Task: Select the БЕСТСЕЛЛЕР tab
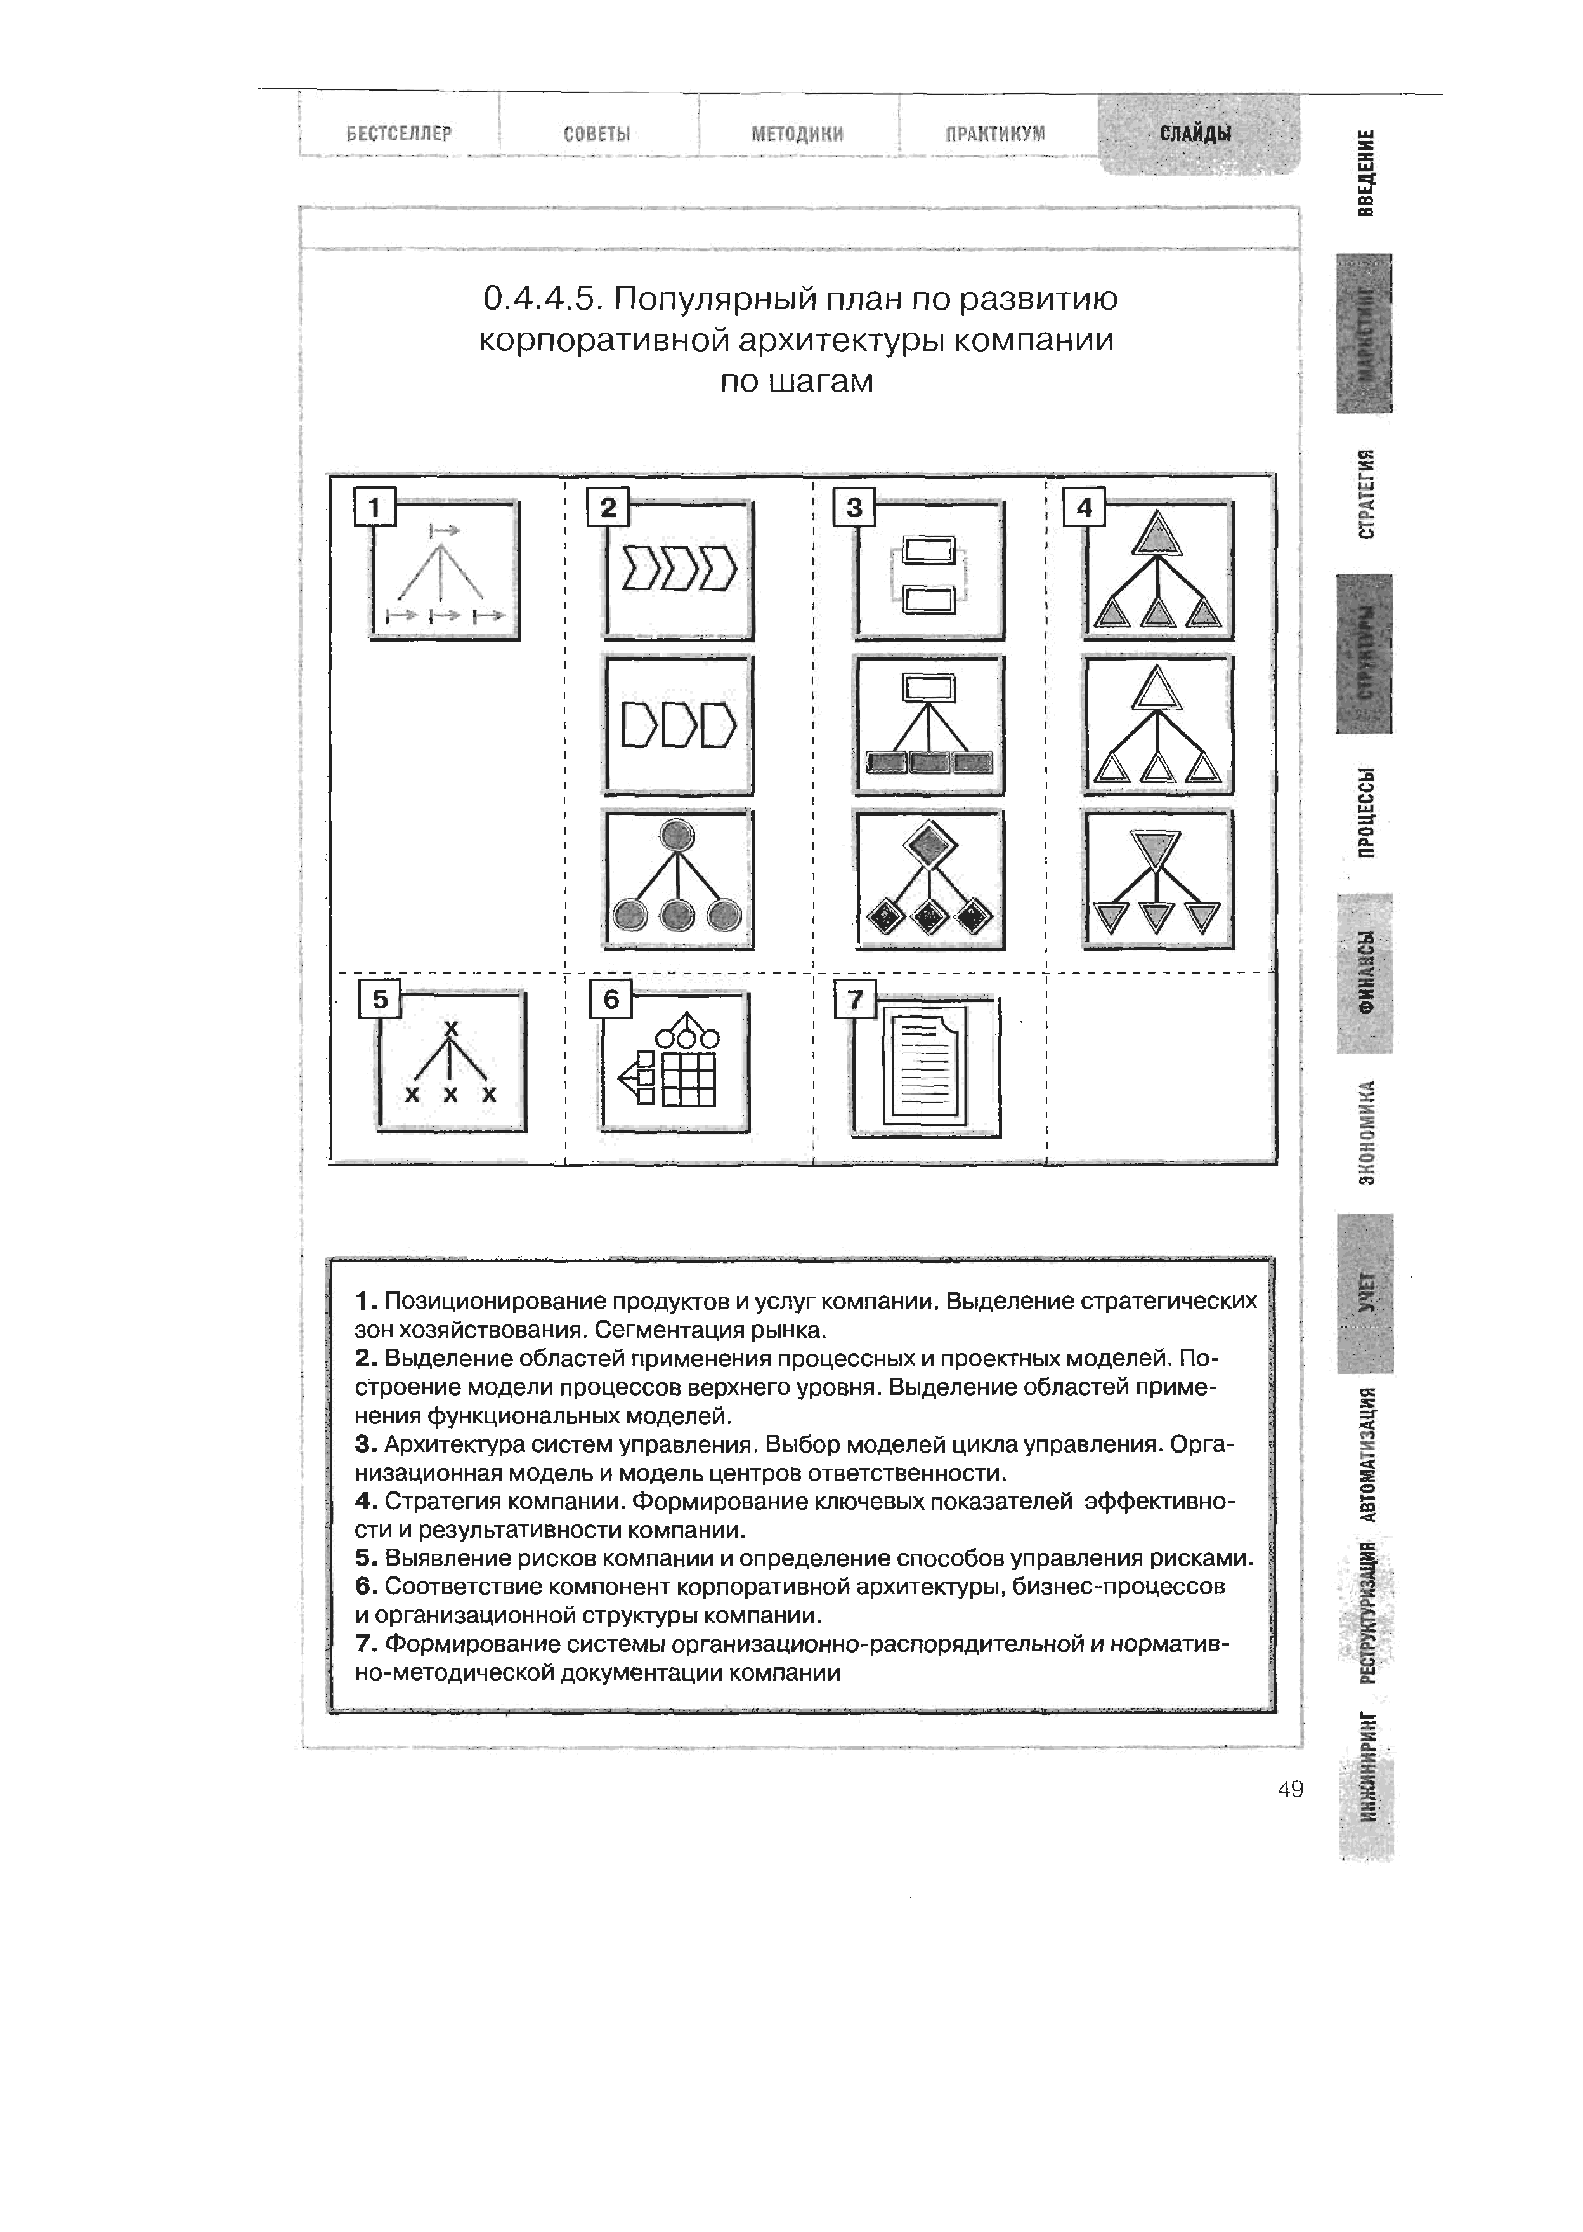(x=400, y=133)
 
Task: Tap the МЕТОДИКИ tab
(x=797, y=133)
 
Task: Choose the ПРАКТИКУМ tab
(x=995, y=133)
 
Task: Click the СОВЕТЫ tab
(x=597, y=133)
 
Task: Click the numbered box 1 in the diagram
(x=376, y=507)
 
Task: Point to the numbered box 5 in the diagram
(x=380, y=1000)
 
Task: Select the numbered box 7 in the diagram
(x=856, y=1000)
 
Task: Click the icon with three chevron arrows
(x=679, y=571)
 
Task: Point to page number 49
(x=1289, y=1788)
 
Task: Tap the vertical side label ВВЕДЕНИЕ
(x=1367, y=173)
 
